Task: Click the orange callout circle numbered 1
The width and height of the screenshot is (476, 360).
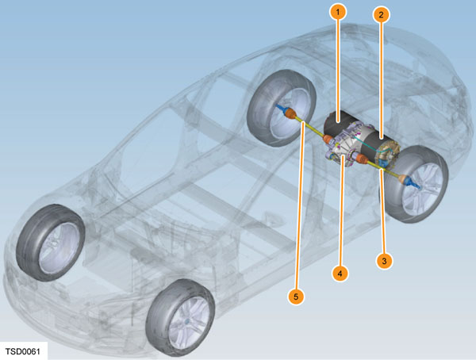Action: point(338,12)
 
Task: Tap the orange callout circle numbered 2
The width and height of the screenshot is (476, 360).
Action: point(381,14)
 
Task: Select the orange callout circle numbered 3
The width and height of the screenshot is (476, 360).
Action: point(384,261)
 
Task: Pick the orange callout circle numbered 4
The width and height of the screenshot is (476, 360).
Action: point(340,274)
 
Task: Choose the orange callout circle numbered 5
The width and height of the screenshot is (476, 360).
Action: point(296,297)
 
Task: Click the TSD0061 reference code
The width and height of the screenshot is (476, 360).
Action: point(23,351)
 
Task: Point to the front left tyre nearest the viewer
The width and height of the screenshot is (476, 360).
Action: point(180,318)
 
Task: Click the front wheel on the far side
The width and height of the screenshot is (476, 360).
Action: point(51,243)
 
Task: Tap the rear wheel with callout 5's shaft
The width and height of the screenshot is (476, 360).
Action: point(282,108)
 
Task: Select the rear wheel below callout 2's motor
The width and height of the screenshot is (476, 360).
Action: point(416,184)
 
